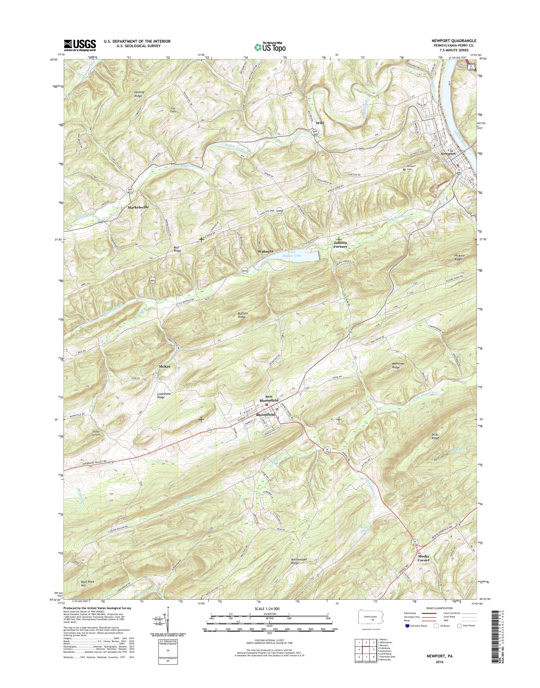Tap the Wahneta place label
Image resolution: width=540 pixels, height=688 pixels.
(x=265, y=251)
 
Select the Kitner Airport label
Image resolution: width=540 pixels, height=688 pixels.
(x=96, y=433)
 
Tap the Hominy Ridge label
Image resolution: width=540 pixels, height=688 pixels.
(x=139, y=94)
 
